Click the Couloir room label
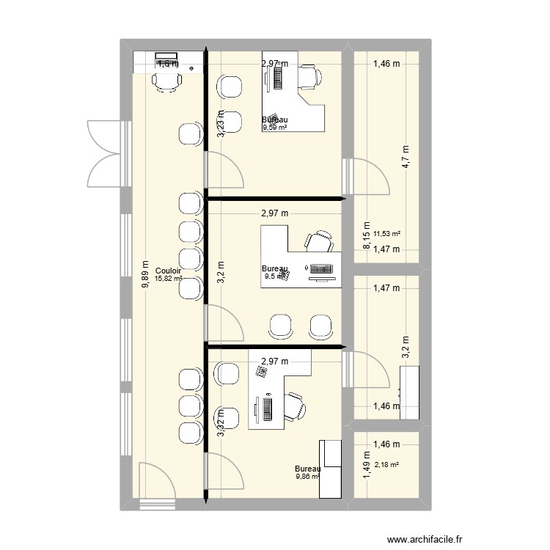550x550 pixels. [x=168, y=271]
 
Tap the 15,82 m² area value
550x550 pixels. [x=168, y=279]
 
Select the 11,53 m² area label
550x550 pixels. [x=386, y=235]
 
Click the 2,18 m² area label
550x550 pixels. [x=386, y=464]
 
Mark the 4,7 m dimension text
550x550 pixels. [x=405, y=156]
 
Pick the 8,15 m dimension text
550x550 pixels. [x=366, y=237]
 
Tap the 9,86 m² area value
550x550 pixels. [x=307, y=477]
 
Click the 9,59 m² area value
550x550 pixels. [x=275, y=127]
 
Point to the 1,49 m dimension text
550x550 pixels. [x=366, y=464]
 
